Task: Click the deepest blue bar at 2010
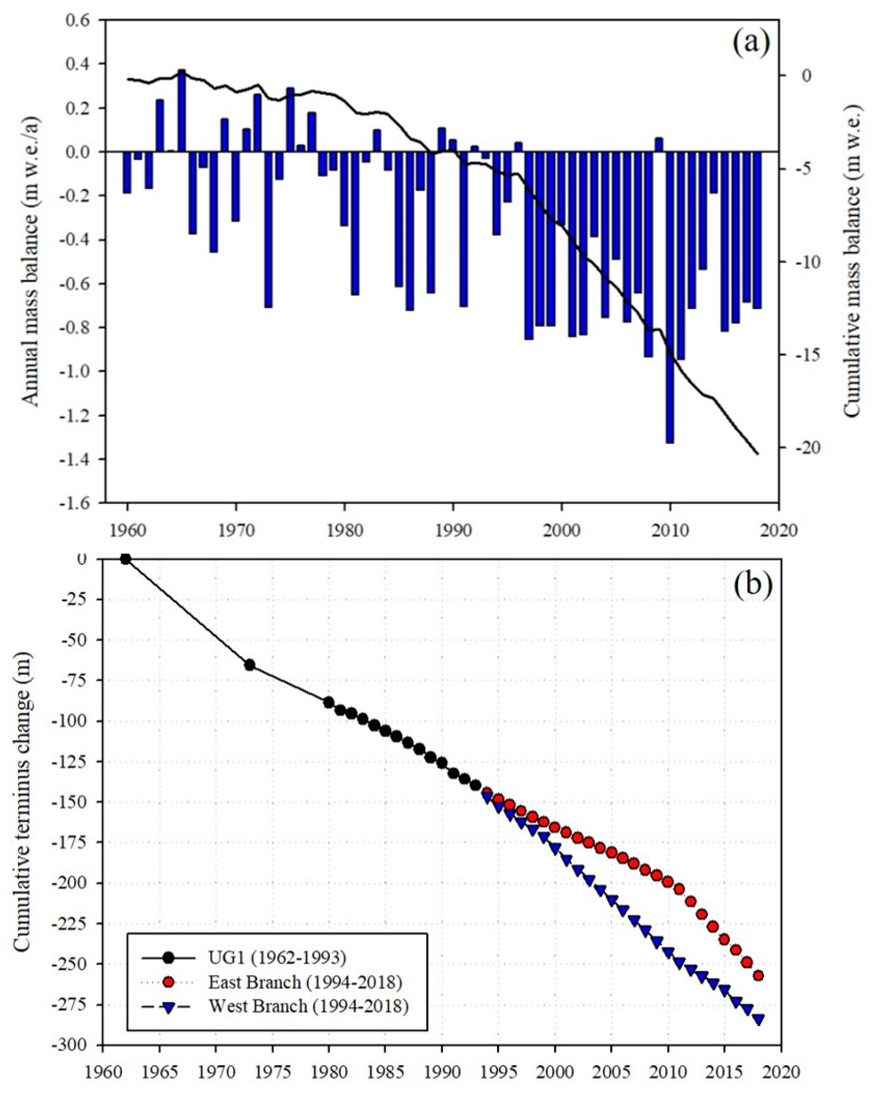tap(670, 297)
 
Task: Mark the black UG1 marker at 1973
tap(249, 665)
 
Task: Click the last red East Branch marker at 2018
tap(758, 976)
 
